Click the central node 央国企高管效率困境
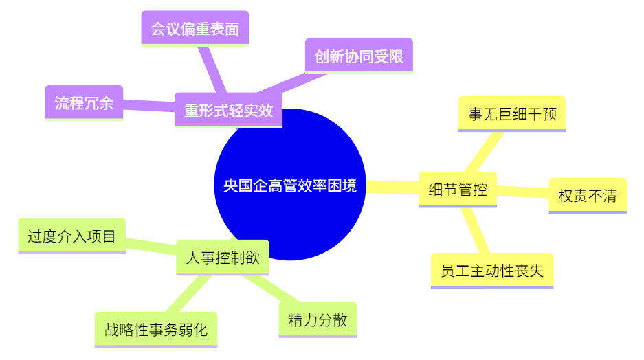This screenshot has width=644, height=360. (x=290, y=185)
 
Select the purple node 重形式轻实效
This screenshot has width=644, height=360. (x=228, y=111)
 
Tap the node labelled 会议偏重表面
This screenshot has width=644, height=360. (x=195, y=28)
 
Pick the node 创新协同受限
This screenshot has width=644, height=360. (x=359, y=56)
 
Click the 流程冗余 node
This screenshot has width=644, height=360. (x=85, y=103)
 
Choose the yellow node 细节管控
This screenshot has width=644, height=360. (x=458, y=190)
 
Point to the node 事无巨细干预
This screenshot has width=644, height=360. (x=512, y=114)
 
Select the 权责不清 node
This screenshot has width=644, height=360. (x=588, y=196)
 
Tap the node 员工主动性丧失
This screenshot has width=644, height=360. (x=492, y=271)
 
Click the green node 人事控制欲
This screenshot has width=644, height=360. (x=223, y=258)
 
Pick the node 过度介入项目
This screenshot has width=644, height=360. (x=72, y=236)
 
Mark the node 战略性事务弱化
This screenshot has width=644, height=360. (x=156, y=330)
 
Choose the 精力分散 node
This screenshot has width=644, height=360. (x=318, y=319)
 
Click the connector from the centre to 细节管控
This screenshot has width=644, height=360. (x=392, y=187)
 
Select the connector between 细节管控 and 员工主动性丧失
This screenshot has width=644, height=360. (x=475, y=230)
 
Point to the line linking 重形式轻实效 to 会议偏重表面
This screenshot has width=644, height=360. (x=212, y=69)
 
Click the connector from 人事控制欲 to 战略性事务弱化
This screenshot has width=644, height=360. (x=188, y=293)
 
